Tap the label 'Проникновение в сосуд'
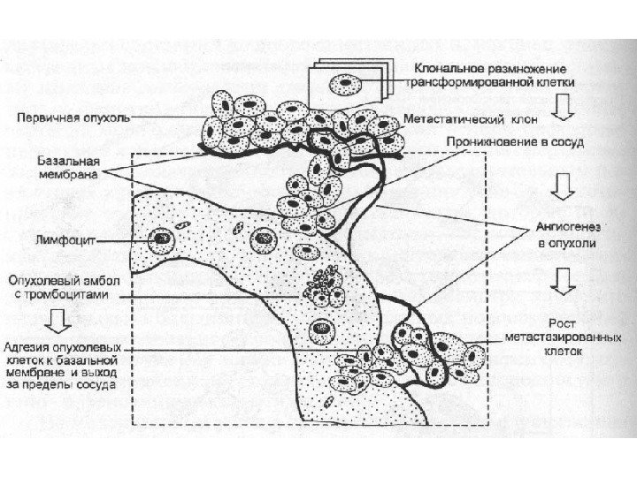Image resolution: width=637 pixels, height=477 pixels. point(484,141)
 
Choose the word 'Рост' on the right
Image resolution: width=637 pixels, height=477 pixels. point(564,323)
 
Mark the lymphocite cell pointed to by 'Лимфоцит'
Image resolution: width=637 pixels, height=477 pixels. point(161,238)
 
